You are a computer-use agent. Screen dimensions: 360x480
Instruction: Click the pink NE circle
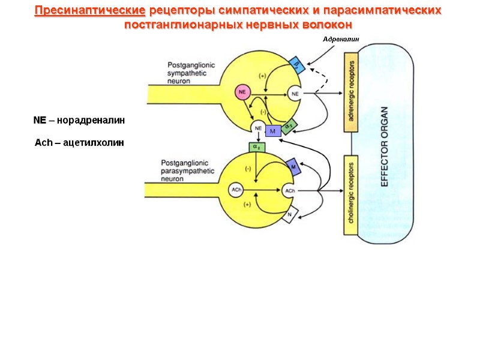(x=242, y=92)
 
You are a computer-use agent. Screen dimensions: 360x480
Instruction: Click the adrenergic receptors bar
(x=350, y=92)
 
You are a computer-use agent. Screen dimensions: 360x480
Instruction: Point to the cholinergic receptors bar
(x=350, y=195)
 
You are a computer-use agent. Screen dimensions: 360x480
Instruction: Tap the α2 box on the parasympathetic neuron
(x=256, y=147)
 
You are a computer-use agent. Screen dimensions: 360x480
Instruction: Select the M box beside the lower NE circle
(x=272, y=131)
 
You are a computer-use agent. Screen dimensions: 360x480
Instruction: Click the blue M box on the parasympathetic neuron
(x=293, y=166)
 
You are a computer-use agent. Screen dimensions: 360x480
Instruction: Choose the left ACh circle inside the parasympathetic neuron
(x=236, y=190)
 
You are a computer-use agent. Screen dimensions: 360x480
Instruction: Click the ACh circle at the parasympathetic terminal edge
(x=290, y=191)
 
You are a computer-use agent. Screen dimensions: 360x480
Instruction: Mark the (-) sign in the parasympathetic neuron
(x=248, y=169)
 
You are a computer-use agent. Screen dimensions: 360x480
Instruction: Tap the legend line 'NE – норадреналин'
(x=79, y=121)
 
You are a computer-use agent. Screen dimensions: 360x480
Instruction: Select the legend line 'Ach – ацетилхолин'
(x=79, y=142)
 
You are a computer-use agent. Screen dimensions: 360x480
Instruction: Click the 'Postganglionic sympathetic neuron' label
(x=188, y=72)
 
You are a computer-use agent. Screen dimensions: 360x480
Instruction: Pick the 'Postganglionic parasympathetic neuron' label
(x=188, y=170)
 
